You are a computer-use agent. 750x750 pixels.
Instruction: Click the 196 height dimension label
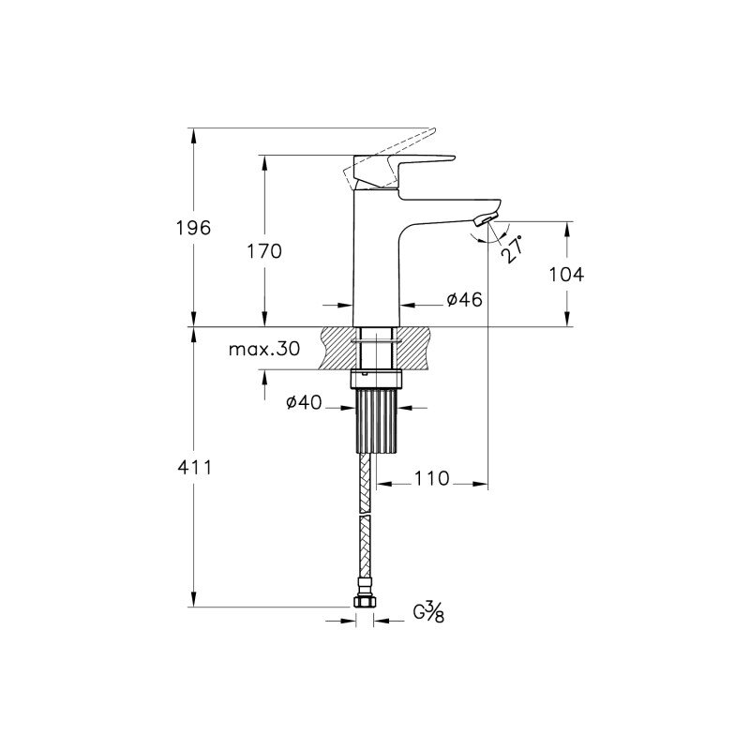click(x=193, y=228)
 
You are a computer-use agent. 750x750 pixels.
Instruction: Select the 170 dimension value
click(x=264, y=251)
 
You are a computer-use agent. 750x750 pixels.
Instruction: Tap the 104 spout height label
click(x=566, y=275)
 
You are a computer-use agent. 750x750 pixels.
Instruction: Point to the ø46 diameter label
click(x=464, y=299)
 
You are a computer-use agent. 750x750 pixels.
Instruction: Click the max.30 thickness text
click(x=264, y=349)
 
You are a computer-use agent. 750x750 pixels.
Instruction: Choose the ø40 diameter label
click(x=304, y=403)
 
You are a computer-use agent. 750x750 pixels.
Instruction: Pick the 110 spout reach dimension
click(x=432, y=478)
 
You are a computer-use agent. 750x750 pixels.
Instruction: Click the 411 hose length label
click(x=194, y=467)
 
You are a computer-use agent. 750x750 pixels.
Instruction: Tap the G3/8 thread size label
click(x=429, y=612)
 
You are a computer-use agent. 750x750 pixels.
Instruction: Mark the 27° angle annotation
click(x=511, y=249)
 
